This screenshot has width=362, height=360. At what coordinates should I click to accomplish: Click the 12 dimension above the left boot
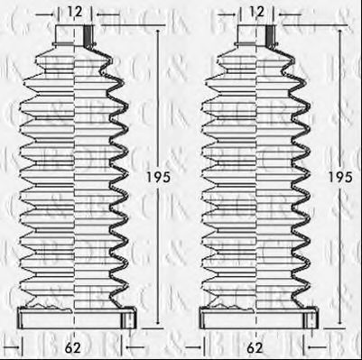(73, 13)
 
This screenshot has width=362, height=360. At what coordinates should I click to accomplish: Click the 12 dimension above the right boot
(255, 13)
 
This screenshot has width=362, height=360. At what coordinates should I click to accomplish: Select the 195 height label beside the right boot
(339, 177)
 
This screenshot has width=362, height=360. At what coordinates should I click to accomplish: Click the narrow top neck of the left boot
(73, 35)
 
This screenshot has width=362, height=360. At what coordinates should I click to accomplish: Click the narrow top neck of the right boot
(255, 35)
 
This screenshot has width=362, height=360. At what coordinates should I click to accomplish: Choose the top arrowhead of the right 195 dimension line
(339, 30)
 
